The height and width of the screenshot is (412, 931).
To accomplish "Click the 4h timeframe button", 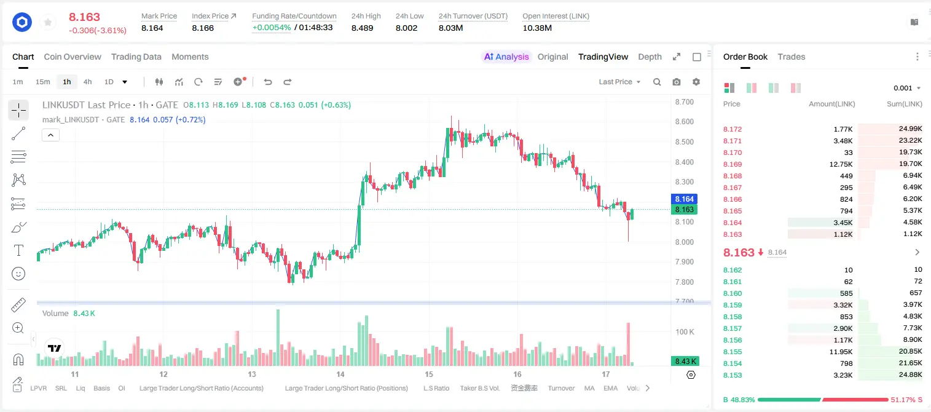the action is coord(87,82).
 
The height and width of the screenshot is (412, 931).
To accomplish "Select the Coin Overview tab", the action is coord(73,57).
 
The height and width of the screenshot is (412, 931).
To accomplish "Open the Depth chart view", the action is coord(650,57).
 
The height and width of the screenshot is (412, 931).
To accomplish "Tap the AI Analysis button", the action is coord(506,57).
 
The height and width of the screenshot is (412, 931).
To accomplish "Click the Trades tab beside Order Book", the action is coord(792,57).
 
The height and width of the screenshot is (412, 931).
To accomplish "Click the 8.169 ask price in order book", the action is coord(733,164).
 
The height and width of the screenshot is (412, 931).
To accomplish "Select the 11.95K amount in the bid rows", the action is coord(841,352).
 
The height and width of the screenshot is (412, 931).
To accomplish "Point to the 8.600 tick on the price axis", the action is coord(684,122).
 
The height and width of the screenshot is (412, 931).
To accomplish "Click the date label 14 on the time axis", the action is coord(340,374).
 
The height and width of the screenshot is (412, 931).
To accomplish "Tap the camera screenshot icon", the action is coord(677,82).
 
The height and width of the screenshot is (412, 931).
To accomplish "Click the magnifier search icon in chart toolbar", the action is coord(657,82).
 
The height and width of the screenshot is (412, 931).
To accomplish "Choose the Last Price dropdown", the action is coord(619,82).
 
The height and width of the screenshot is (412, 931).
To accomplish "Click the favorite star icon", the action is coord(48,22).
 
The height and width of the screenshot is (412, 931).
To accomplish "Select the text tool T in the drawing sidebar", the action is coord(18,250).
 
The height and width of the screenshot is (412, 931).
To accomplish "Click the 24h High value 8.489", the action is coord(362,28).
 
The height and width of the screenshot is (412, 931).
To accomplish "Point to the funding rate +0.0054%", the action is coord(272,28).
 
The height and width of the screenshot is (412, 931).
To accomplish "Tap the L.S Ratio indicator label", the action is coord(436,388).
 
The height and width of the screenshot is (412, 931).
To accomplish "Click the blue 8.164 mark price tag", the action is coord(684,199).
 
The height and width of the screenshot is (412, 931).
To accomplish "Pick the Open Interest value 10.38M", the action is coord(537,28).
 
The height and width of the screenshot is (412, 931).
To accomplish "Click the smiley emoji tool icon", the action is coord(18,274).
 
